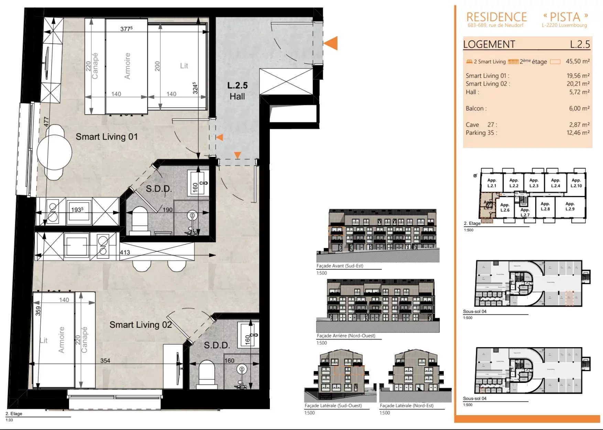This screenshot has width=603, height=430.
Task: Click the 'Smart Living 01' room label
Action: pyautogui.click(x=107, y=137)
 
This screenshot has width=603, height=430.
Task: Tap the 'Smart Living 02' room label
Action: pyautogui.click(x=140, y=325)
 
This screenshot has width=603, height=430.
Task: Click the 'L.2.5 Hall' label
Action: pyautogui.click(x=237, y=91)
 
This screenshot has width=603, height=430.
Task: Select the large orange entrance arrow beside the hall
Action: pyautogui.click(x=331, y=43)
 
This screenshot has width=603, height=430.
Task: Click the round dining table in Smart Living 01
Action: pyautogui.click(x=54, y=152)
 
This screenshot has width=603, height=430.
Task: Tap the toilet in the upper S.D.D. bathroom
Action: pyautogui.click(x=140, y=219)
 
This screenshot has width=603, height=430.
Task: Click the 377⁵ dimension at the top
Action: pyautogui.click(x=126, y=29)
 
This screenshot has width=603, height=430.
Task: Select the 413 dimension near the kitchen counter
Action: pyautogui.click(x=125, y=252)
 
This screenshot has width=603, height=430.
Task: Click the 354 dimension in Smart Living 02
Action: pyautogui.click(x=105, y=361)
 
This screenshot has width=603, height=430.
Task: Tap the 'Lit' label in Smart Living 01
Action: pyautogui.click(x=184, y=66)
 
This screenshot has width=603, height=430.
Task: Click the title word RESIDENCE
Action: pyautogui.click(x=496, y=17)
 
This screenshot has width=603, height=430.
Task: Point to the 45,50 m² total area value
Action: pyautogui.click(x=578, y=61)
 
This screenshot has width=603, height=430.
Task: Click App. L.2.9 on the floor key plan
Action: pyautogui.click(x=570, y=206)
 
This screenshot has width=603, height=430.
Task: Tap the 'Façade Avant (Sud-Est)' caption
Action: pyautogui.click(x=340, y=266)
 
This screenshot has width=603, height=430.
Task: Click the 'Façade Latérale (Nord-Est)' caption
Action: pyautogui.click(x=406, y=406)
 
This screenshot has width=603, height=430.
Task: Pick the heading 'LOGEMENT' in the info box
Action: pyautogui.click(x=489, y=44)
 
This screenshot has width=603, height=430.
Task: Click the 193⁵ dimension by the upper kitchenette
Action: pyautogui.click(x=77, y=209)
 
